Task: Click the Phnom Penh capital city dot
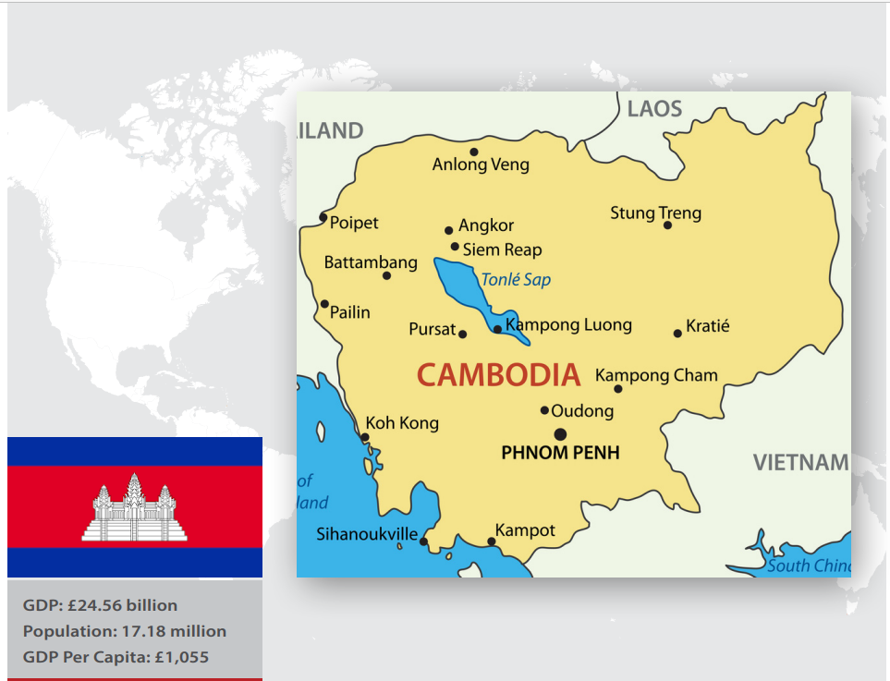(x=560, y=434)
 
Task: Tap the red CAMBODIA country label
(x=498, y=375)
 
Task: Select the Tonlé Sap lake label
(x=515, y=279)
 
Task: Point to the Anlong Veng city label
(x=481, y=165)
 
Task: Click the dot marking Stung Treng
(x=667, y=225)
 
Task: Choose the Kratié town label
(x=708, y=326)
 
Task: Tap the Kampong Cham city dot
(x=618, y=389)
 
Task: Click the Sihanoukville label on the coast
(x=367, y=534)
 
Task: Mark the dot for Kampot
(x=492, y=541)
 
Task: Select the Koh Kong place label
(x=402, y=423)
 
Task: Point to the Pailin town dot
(x=324, y=304)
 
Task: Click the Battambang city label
(x=371, y=263)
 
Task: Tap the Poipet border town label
(x=354, y=223)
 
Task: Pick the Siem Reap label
(x=502, y=249)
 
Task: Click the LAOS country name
(x=654, y=109)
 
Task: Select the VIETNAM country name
(x=800, y=463)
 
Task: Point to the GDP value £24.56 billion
(x=125, y=606)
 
